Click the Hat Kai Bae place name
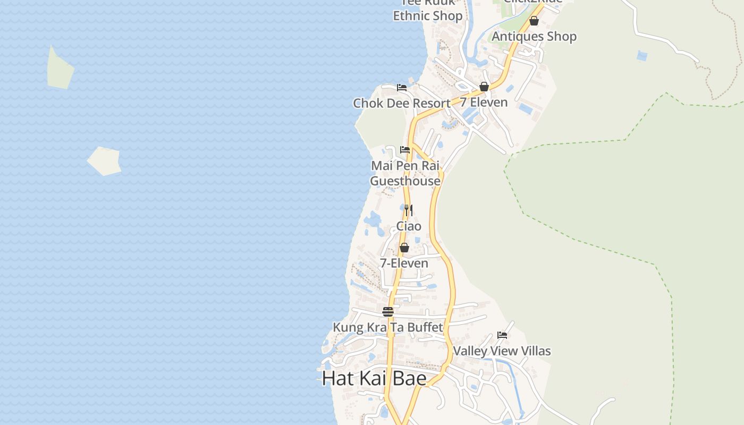(x=374, y=378)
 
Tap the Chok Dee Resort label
(x=402, y=103)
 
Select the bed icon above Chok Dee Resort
(x=402, y=88)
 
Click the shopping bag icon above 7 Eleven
(x=484, y=87)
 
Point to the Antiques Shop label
(x=534, y=36)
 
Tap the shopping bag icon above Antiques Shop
(x=534, y=21)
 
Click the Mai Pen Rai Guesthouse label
(x=405, y=173)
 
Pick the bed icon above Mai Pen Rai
(x=405, y=150)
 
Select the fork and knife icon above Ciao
(x=408, y=210)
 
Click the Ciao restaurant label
(x=409, y=226)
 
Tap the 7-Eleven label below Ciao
(x=404, y=263)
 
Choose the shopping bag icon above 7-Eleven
(x=404, y=248)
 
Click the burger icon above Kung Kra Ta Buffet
(x=388, y=312)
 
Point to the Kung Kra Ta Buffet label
(x=388, y=327)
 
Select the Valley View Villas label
(x=502, y=351)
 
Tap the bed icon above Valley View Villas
(x=502, y=335)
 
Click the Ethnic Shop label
(x=428, y=15)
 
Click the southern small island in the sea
(x=105, y=161)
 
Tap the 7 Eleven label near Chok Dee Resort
(x=484, y=102)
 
